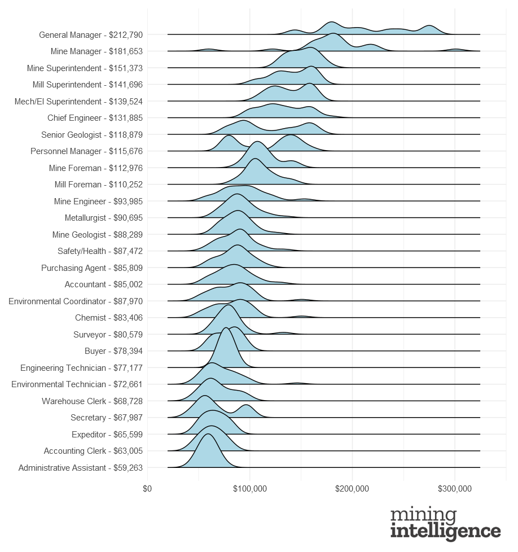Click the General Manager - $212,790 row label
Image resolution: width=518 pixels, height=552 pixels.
pos(90,35)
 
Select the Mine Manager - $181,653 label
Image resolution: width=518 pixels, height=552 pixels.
pos(96,51)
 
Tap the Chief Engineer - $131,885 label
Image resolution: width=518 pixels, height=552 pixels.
pos(95,118)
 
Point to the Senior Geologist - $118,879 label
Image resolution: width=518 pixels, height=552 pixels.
pos(92,135)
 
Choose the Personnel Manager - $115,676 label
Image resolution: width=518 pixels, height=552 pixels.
pos(86,151)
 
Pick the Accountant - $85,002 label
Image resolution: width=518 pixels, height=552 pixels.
pos(104,284)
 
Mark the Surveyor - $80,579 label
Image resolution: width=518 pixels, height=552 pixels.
pos(108,335)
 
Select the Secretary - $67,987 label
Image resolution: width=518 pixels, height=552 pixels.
pos(107,418)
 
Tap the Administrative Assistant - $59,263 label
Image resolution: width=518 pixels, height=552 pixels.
pos(81,468)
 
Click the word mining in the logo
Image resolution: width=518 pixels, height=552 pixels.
pos(423,516)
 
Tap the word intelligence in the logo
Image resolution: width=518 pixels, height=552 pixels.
pos(445,532)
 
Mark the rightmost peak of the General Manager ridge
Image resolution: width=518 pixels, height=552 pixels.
pos(430,27)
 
